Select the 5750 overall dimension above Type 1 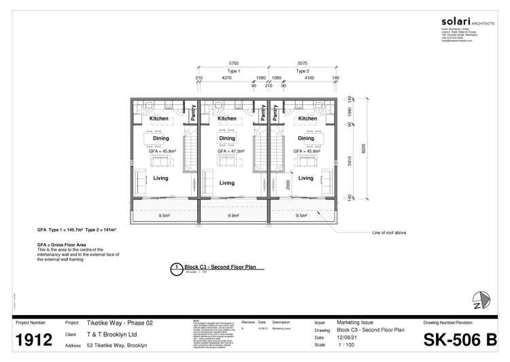233,63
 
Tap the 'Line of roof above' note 389,233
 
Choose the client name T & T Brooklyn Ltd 112,335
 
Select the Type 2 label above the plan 303,71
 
